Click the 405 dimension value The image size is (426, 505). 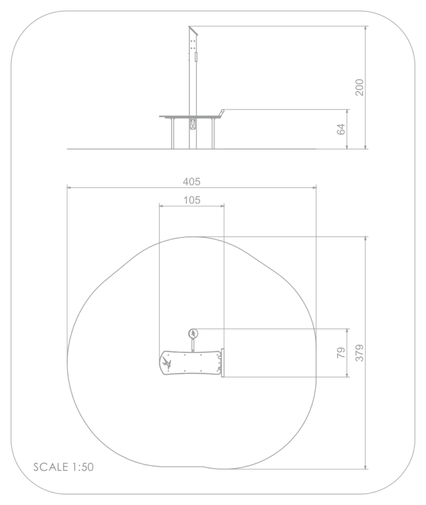click(191, 182)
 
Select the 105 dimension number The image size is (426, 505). click(192, 200)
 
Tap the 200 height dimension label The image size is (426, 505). click(359, 87)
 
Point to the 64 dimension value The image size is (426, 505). click(341, 129)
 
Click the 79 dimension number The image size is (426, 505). click(341, 353)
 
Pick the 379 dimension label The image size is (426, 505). click(359, 353)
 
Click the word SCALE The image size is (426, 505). click(51, 467)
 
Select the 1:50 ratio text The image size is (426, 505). click(83, 467)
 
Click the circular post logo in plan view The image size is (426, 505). click(194, 333)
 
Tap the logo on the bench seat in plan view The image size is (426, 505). click(167, 363)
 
